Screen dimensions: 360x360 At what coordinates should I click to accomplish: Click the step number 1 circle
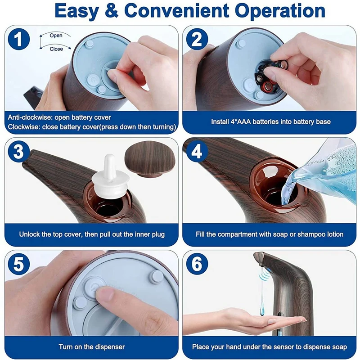(19, 39)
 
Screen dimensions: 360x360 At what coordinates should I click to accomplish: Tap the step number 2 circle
(197, 39)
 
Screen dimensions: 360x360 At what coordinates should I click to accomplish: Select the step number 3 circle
(19, 152)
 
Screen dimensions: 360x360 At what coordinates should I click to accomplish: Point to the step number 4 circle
(197, 152)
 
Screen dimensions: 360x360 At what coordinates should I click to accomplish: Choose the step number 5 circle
(19, 264)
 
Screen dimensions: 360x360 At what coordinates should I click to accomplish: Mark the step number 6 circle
(197, 264)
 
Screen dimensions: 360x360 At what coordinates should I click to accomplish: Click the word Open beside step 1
(56, 36)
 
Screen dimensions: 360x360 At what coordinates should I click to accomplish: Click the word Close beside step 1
(56, 49)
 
